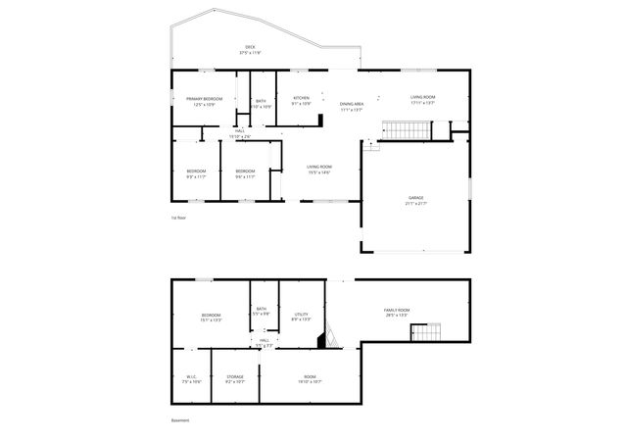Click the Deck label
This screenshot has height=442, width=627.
click(x=251, y=47)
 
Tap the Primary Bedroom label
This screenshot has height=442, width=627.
click(x=205, y=99)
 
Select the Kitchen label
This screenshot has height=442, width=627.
click(x=302, y=98)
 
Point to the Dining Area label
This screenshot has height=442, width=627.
click(x=352, y=104)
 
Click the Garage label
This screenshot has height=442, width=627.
click(x=416, y=197)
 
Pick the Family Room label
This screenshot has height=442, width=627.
click(x=397, y=310)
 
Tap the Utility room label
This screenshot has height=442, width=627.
click(x=302, y=314)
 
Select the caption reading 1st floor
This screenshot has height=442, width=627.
click(x=178, y=218)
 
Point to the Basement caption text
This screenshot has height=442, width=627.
click(x=180, y=420)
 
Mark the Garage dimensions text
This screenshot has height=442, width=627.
click(x=416, y=203)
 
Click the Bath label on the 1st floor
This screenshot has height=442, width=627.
click(x=261, y=100)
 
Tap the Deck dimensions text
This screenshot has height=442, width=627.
click(x=251, y=53)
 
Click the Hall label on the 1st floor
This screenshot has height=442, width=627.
click(x=240, y=130)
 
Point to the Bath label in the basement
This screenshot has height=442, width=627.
click(x=262, y=309)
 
